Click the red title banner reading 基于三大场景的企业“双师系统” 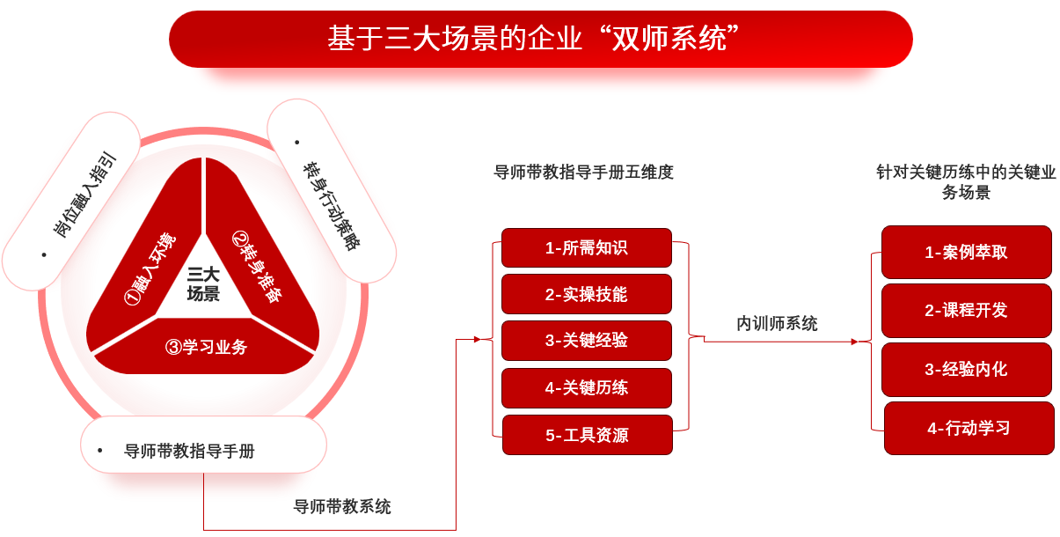tap(540, 39)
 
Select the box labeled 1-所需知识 tap(587, 247)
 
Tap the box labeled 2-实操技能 tap(587, 294)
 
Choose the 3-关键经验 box tap(587, 341)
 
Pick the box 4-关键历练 tap(587, 388)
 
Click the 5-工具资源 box tap(588, 435)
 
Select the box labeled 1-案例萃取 tap(966, 253)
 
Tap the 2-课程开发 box tap(966, 311)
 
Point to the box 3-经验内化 tap(966, 370)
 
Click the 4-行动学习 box tap(969, 428)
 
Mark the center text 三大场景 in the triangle tap(203, 284)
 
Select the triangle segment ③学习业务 tap(205, 347)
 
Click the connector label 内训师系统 tap(777, 324)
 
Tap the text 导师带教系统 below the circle tap(342, 507)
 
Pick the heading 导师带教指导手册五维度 tap(583, 172)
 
